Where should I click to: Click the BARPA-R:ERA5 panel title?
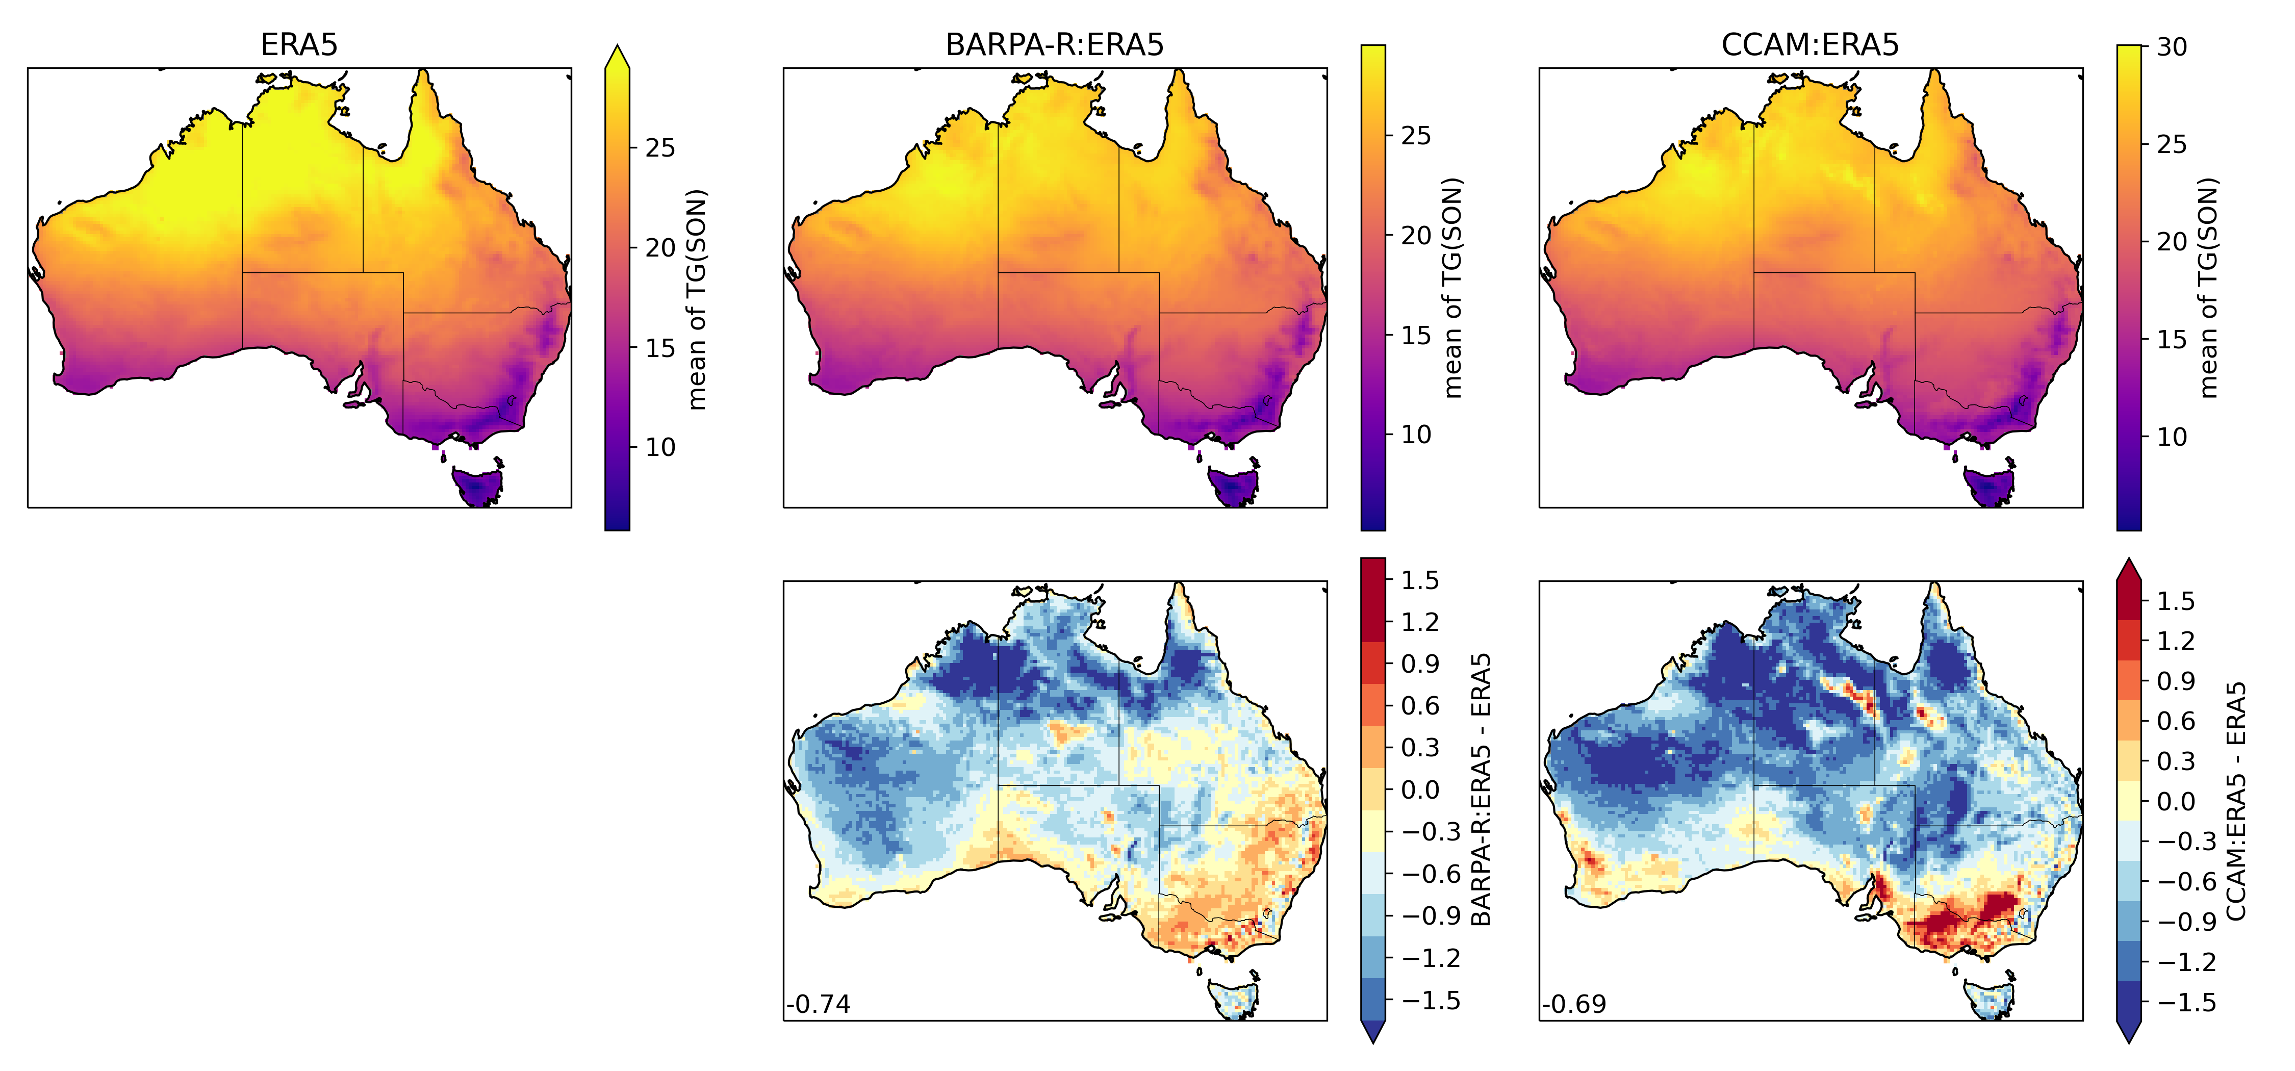[x=1054, y=44]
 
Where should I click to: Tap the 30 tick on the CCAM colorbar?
[x=2172, y=47]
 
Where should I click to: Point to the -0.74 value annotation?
[x=819, y=1004]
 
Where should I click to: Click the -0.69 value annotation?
[x=1574, y=1004]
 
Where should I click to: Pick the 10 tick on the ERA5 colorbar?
[x=660, y=447]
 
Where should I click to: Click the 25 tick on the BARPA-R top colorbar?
[x=1416, y=136]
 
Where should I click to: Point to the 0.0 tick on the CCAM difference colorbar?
[x=2175, y=802]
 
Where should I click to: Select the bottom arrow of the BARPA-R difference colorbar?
[x=1373, y=1032]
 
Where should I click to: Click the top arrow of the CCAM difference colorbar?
[x=2128, y=570]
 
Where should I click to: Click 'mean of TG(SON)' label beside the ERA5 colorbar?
[x=698, y=299]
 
